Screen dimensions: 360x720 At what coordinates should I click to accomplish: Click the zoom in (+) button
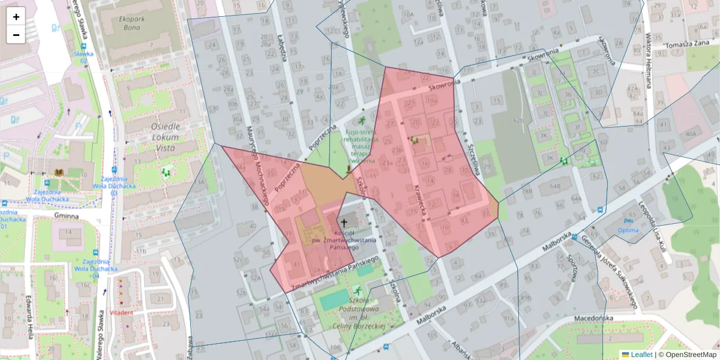(16, 17)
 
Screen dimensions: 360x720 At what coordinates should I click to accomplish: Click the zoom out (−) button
(16, 35)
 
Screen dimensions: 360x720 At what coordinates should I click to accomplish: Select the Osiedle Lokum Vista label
(166, 137)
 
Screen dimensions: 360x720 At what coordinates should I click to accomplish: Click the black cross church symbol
(343, 221)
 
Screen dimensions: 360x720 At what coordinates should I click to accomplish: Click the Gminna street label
(66, 216)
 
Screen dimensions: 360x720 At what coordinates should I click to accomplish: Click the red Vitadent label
(121, 313)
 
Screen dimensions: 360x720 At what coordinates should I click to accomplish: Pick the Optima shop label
(628, 230)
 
